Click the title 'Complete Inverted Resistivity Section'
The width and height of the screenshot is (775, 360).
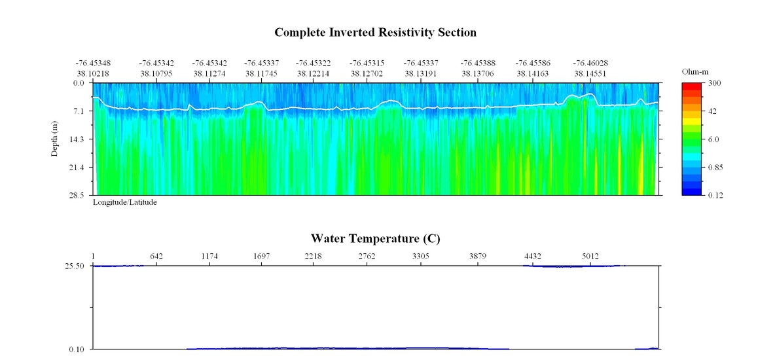coord(375,32)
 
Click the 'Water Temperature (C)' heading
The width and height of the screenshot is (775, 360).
coord(375,238)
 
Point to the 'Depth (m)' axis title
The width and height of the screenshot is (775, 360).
coord(55,139)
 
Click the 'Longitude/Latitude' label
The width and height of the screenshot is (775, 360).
coord(124,202)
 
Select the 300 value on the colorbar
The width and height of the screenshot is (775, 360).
coord(715,84)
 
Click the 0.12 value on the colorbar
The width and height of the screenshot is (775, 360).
coord(715,195)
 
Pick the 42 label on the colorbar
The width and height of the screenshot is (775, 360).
coord(713,111)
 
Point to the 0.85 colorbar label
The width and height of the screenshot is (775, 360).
coord(715,168)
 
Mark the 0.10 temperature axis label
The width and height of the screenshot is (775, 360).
coord(79,349)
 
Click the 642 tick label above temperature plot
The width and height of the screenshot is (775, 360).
coord(156,256)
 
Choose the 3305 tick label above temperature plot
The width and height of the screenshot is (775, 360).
coord(421,256)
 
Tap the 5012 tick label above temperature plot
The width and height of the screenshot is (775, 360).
coord(590,256)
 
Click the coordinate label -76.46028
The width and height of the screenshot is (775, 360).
coord(590,63)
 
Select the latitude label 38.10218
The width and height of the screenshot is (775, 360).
coord(92,74)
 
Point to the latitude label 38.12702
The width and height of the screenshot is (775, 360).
coord(367,74)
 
